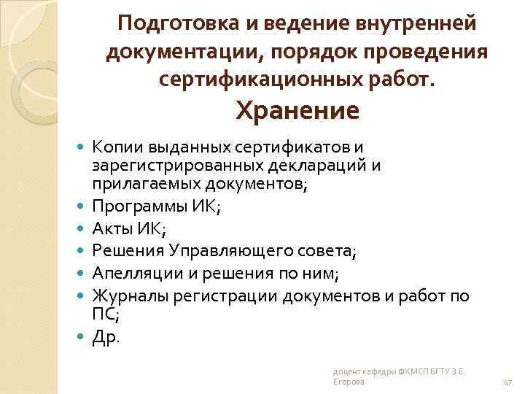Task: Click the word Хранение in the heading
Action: [x=296, y=111]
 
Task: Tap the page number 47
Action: [x=508, y=382]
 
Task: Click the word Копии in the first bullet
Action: [x=114, y=148]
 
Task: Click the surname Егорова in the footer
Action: [x=348, y=383]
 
